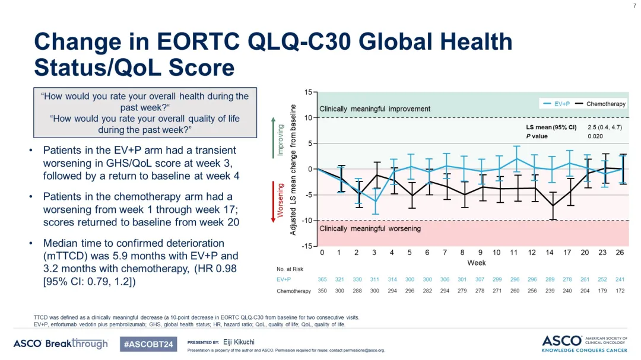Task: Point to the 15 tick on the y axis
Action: click(308, 92)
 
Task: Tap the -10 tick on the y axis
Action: click(307, 221)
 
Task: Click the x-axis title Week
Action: click(476, 263)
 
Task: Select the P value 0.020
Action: click(595, 136)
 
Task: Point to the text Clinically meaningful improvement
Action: click(375, 109)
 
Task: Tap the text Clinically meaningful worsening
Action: click(370, 229)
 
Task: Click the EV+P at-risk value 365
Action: click(323, 280)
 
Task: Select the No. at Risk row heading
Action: click(290, 269)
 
